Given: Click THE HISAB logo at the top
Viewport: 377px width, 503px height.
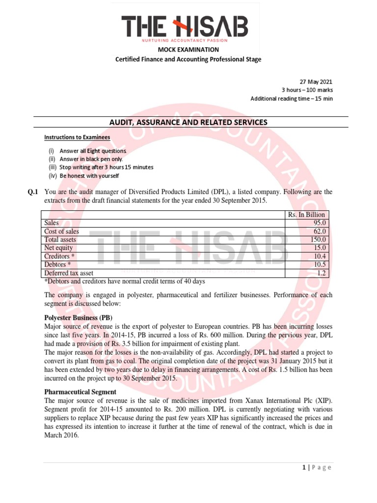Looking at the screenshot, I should (x=185, y=28).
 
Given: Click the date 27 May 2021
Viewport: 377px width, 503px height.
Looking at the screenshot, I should (x=316, y=82).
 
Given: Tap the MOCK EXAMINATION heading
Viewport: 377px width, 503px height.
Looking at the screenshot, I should (x=188, y=50).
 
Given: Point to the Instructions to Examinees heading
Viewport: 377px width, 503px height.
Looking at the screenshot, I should (x=77, y=137).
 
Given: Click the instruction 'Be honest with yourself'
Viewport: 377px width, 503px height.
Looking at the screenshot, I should (x=89, y=176).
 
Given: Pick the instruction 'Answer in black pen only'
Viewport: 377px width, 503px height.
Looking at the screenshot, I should (x=91, y=159).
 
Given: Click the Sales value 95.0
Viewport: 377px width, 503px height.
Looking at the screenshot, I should (x=320, y=223).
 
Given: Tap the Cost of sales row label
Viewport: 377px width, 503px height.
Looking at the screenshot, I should (x=61, y=231).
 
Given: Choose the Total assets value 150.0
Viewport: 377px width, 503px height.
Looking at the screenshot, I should (x=318, y=240).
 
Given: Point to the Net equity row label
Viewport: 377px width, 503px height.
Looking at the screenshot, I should (x=58, y=248).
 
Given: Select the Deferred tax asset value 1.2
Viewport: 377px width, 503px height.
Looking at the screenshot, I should (x=322, y=273).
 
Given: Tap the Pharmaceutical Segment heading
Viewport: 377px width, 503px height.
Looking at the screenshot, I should (x=80, y=392).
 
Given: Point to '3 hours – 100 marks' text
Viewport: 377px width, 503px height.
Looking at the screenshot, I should (x=307, y=90).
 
